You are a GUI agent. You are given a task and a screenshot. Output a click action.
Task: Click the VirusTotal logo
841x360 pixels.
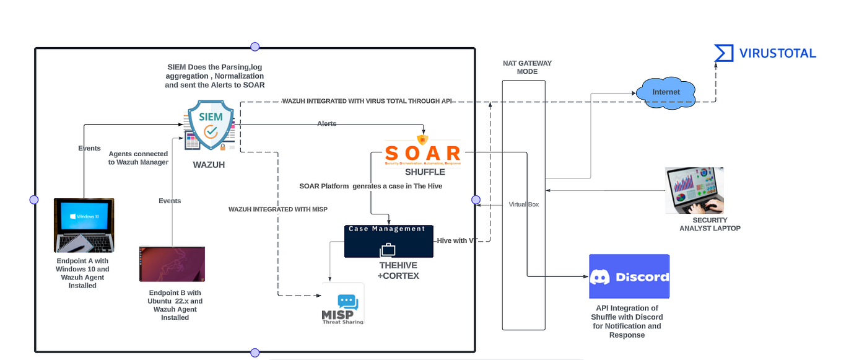pos(765,53)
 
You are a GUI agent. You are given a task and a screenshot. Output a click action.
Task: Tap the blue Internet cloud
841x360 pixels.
pos(666,92)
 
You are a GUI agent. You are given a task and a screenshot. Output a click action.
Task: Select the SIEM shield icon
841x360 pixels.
pos(211,126)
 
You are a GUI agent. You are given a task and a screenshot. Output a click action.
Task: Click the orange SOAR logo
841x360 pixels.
pos(423,153)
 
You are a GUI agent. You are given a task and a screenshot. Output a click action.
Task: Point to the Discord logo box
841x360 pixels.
pos(629,276)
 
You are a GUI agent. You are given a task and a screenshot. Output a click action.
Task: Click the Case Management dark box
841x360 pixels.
pos(388,241)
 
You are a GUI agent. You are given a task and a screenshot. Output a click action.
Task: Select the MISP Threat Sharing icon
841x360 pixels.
pos(342,304)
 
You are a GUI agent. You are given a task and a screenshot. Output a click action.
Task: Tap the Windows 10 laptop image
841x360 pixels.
pos(84,226)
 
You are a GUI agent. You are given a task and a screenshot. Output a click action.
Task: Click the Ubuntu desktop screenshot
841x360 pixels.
pos(172,264)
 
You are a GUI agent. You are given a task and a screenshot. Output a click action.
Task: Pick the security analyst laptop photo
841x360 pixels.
pos(694,190)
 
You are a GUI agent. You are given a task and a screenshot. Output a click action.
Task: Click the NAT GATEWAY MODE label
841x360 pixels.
pos(526,67)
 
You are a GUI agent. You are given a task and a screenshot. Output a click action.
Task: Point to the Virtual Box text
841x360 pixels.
pos(523,204)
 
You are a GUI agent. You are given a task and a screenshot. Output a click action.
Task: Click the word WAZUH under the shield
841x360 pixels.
pos(209,165)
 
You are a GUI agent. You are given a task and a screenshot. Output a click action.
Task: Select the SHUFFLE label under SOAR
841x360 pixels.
pos(425,172)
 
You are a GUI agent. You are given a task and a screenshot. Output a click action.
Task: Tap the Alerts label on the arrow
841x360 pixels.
pos(326,124)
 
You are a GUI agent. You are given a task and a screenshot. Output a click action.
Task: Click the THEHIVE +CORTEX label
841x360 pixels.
pos(398,270)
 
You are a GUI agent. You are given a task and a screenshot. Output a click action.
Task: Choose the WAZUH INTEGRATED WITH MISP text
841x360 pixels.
pos(277,209)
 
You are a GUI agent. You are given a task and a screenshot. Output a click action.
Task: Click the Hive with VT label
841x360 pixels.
pos(455,240)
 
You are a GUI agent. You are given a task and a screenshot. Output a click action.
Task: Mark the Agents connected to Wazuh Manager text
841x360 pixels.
pos(138,158)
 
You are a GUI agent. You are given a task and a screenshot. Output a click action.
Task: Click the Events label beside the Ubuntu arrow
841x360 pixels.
pos(170,201)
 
